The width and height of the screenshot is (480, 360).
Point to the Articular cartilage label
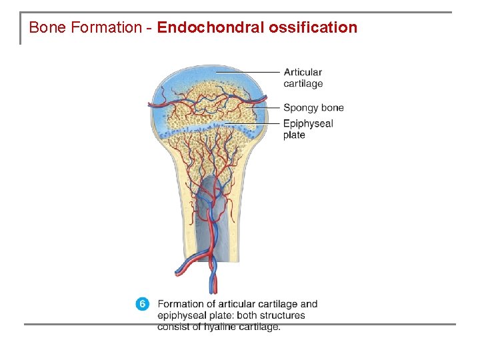[303, 78]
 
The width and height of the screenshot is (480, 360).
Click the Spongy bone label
[313, 107]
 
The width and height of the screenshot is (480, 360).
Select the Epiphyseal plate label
[307, 129]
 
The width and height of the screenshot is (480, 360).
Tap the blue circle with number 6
[143, 304]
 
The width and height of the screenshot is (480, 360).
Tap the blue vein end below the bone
[213, 288]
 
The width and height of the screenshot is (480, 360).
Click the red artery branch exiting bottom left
[180, 271]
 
